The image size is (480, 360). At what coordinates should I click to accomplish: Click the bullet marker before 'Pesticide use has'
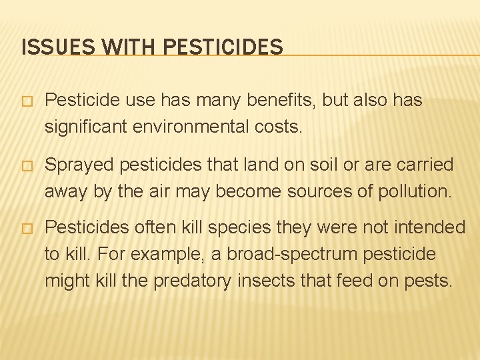[x=27, y=101]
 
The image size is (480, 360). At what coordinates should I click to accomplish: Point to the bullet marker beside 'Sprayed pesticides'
[x=27, y=165]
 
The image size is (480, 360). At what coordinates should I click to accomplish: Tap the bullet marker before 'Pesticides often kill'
[x=27, y=229]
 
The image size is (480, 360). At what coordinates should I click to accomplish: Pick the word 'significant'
[x=85, y=127]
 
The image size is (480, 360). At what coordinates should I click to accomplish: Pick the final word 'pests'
[x=427, y=281]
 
